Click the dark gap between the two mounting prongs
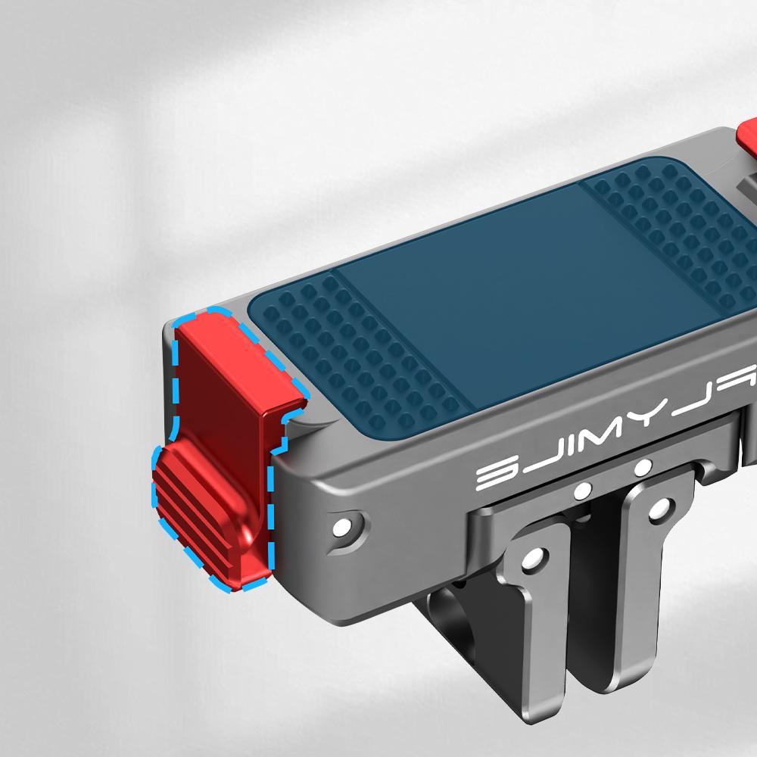590,606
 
